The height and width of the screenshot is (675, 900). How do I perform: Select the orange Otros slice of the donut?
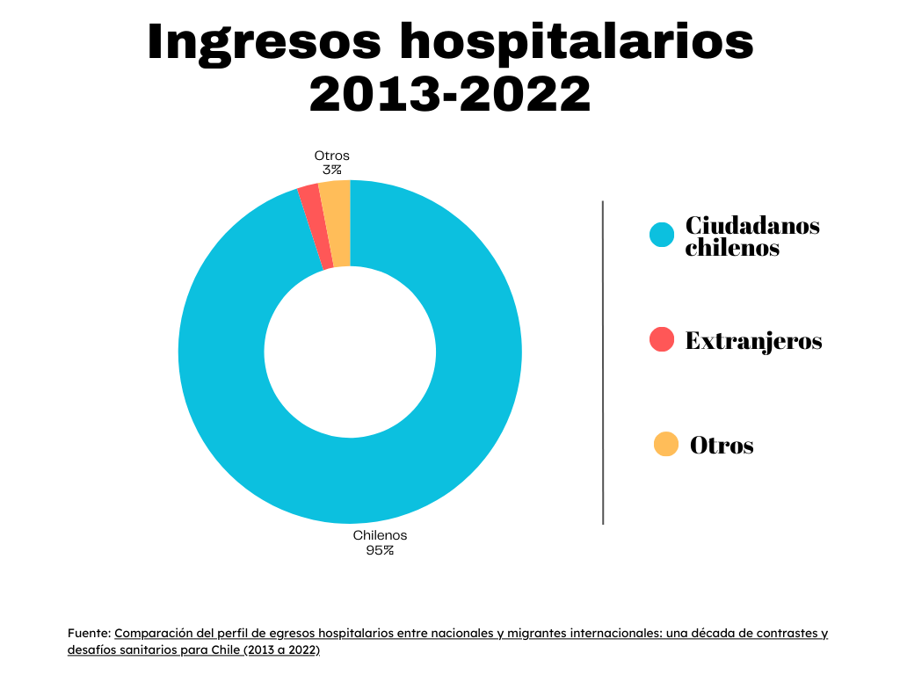(x=337, y=223)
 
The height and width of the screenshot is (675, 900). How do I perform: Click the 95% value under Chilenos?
(x=380, y=551)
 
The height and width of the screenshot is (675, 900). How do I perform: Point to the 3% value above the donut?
(x=331, y=170)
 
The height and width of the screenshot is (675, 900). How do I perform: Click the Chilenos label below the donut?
(x=380, y=535)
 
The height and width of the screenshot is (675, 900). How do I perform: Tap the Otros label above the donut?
(x=331, y=156)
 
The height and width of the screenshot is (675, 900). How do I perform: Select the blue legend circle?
(x=662, y=235)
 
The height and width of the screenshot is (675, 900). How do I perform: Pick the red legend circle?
(x=662, y=339)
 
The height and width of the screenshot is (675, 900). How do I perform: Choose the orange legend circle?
(x=666, y=445)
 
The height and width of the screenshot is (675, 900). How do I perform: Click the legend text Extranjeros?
(x=753, y=341)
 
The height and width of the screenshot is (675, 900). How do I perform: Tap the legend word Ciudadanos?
(x=752, y=226)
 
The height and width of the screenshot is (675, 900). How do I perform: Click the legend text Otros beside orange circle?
(x=722, y=446)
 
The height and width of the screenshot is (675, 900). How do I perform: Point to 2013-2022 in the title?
(x=449, y=93)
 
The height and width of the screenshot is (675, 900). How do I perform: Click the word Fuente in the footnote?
(x=88, y=633)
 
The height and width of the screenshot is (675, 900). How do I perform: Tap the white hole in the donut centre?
(x=350, y=352)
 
